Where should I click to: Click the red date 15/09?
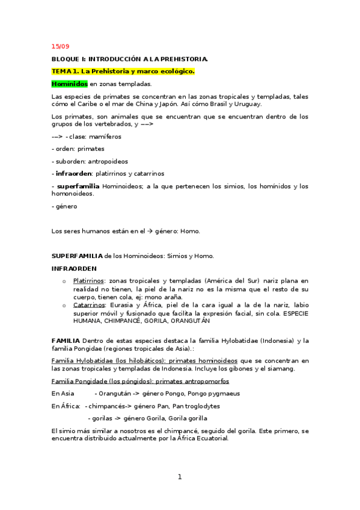tap(61, 46)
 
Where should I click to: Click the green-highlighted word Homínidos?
tap(70, 84)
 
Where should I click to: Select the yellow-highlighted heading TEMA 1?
tap(123, 71)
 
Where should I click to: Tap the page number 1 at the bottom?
tap(179, 477)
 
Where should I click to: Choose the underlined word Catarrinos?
tap(88, 305)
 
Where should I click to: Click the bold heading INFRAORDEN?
tap(74, 268)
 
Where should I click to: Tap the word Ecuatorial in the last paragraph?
tap(208, 438)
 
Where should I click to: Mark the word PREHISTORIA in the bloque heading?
tap(183, 59)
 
